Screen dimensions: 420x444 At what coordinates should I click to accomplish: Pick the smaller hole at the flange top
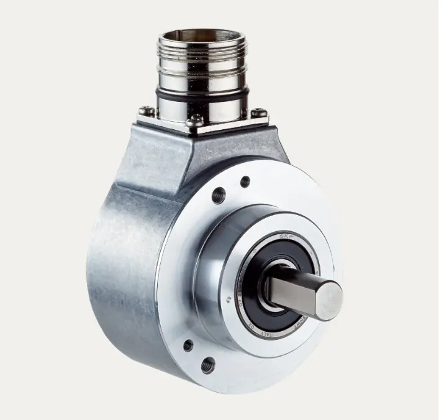click(x=245, y=181)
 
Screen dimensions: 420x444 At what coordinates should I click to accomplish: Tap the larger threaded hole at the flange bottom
click(x=209, y=365)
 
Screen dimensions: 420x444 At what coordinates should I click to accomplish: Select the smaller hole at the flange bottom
click(x=188, y=345)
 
